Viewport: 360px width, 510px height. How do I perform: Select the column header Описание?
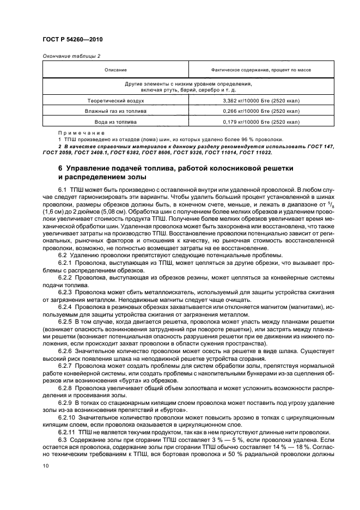pyautogui.click(x=116, y=70)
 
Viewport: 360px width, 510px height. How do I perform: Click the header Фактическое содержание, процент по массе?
pyautogui.click(x=261, y=70)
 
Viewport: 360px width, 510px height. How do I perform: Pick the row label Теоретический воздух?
pyautogui.click(x=116, y=101)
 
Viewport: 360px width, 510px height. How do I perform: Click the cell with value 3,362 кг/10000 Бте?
pyautogui.click(x=261, y=101)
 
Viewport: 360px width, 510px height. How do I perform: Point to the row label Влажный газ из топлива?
pyautogui.click(x=116, y=111)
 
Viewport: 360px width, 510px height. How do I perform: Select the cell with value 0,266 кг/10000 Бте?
pyautogui.click(x=261, y=111)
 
